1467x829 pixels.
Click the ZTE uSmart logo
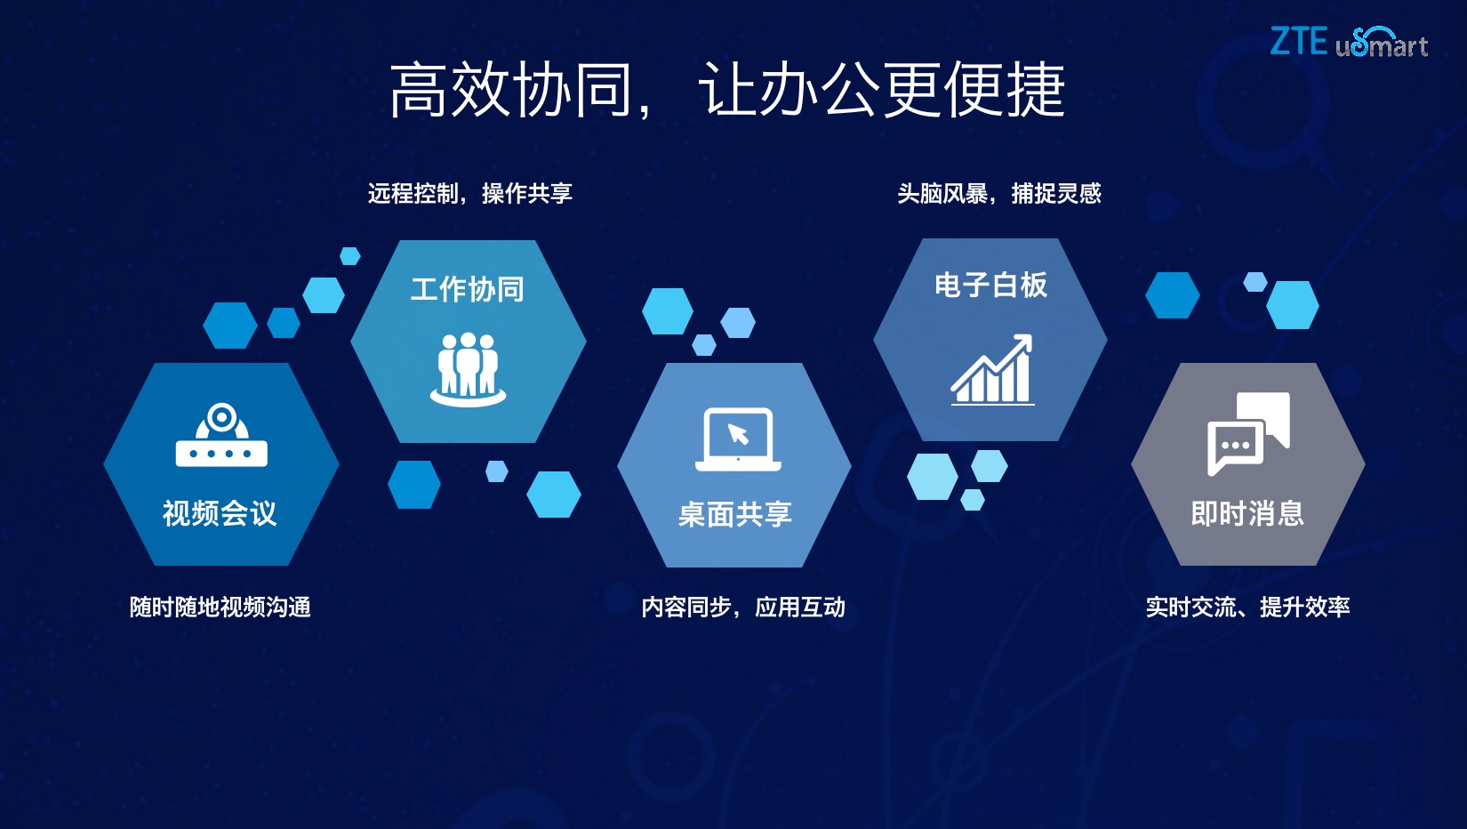coord(1348,42)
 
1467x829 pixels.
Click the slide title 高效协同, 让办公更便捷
coord(726,90)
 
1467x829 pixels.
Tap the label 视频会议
coord(220,513)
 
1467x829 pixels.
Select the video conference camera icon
coord(221,435)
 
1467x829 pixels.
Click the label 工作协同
coord(468,289)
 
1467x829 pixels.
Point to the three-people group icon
coord(468,369)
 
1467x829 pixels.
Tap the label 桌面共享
coord(734,514)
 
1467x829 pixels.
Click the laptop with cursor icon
coord(738,439)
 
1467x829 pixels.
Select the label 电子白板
coord(990,286)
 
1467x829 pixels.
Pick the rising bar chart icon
coord(992,370)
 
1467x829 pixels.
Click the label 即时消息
coord(1247,513)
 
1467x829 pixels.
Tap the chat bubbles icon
coord(1248,432)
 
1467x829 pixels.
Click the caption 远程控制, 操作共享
coord(469,193)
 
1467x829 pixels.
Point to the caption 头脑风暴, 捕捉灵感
coord(998,193)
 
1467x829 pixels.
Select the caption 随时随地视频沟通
coord(220,607)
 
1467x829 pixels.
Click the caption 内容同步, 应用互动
coord(743,607)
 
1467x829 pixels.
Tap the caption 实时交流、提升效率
coord(1247,607)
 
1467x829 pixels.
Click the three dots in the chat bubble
coord(1235,445)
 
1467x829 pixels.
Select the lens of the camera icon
coord(221,416)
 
